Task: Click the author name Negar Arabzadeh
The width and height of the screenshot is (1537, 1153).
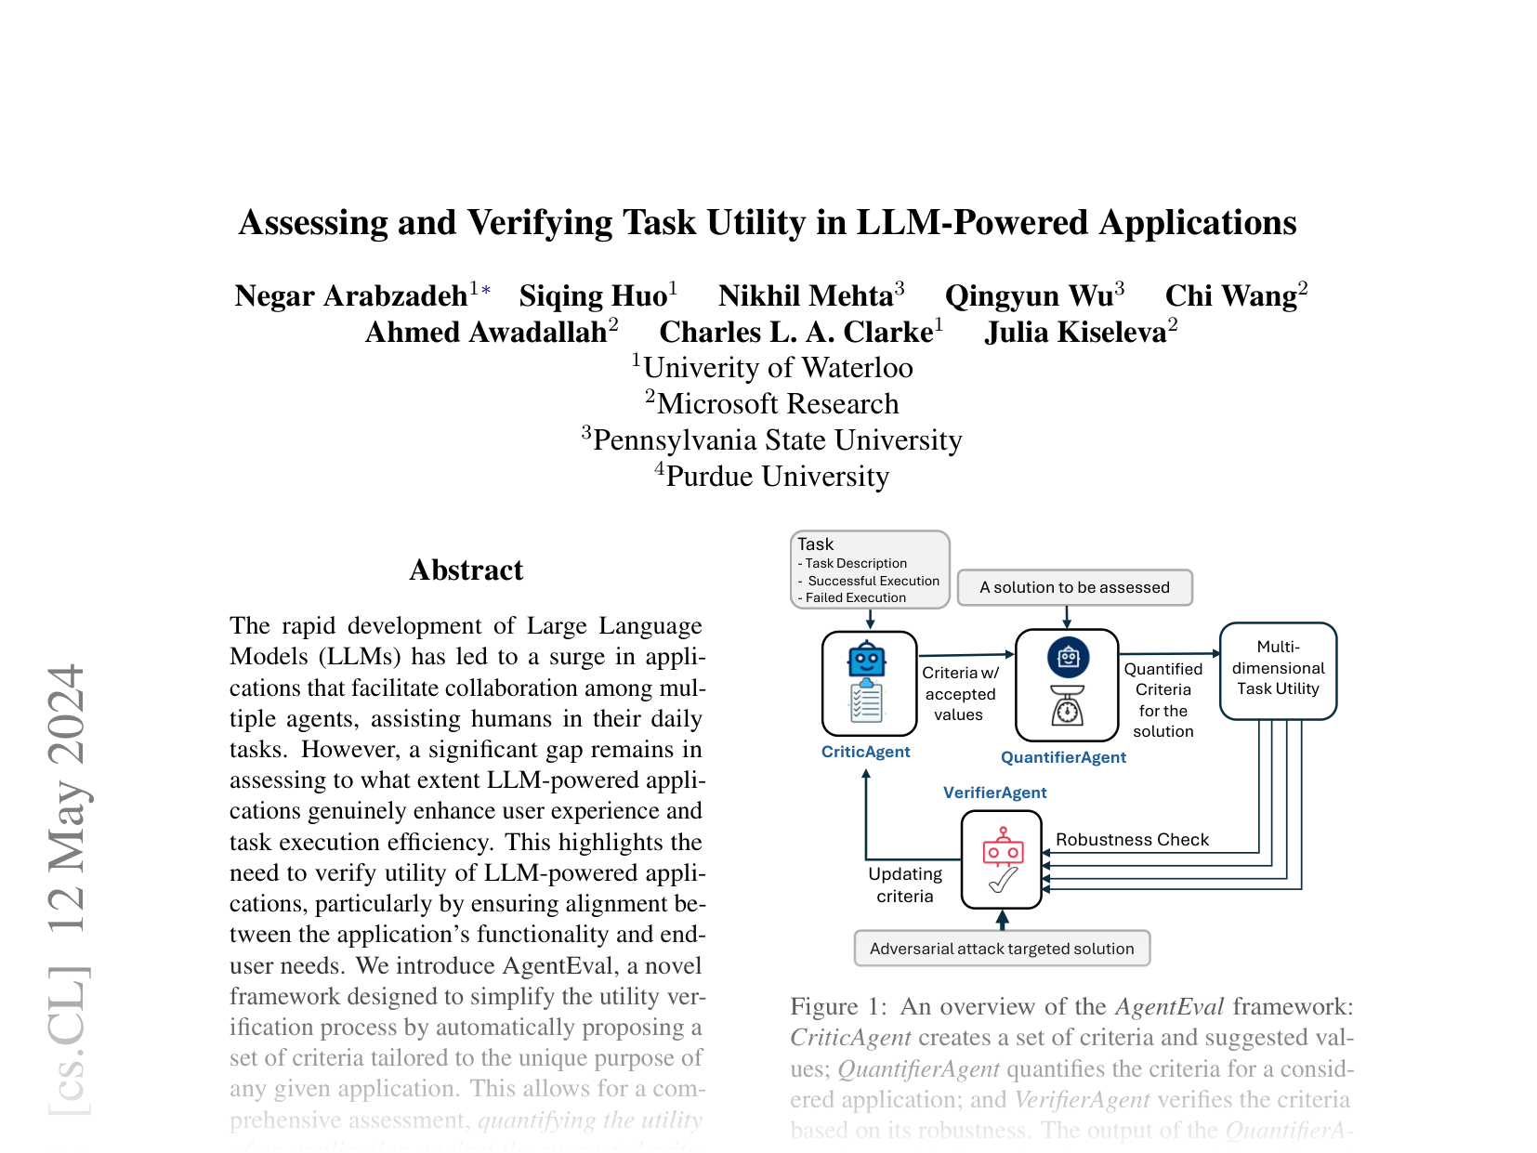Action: (x=351, y=295)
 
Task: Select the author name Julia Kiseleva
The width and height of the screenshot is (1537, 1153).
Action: (x=1075, y=332)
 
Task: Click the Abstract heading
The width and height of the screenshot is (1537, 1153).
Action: (x=466, y=570)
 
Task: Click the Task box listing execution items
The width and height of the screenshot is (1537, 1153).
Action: (x=870, y=570)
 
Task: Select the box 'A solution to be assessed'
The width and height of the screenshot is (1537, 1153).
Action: (x=1074, y=587)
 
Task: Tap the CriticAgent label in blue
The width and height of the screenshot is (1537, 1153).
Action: (x=865, y=752)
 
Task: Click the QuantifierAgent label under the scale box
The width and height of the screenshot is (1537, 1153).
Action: (x=1063, y=757)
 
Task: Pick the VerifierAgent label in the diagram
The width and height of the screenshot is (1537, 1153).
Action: (x=994, y=793)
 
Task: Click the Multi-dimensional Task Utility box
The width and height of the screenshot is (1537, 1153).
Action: (x=1278, y=669)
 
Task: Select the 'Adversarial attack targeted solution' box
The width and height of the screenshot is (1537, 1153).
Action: (x=1002, y=949)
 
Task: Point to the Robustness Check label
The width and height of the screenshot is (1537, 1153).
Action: (x=1132, y=840)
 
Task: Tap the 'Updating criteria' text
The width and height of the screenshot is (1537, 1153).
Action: (x=905, y=884)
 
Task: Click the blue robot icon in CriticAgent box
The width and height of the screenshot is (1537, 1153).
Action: (x=867, y=660)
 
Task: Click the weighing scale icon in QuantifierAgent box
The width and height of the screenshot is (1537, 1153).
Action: (x=1068, y=704)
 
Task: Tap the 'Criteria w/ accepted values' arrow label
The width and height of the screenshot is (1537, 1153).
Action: (x=960, y=693)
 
